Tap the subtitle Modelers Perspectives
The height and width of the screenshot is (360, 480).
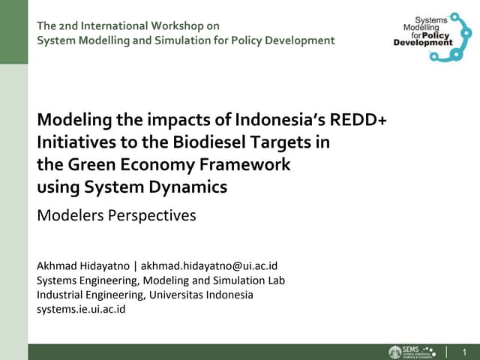[x=116, y=216]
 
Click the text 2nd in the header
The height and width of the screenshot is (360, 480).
[x=69, y=26]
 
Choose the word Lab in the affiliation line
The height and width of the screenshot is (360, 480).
[x=275, y=280]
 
